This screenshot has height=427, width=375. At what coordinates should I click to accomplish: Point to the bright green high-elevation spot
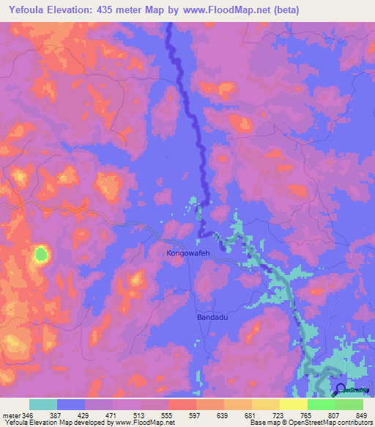41,255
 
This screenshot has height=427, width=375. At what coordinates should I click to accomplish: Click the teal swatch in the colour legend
42,404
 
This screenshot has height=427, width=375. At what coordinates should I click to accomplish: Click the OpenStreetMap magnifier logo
341,390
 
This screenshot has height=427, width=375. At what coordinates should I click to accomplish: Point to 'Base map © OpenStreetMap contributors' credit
310,423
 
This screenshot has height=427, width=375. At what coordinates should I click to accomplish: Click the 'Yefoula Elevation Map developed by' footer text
53,423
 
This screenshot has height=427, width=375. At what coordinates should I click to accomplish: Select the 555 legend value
163,415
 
